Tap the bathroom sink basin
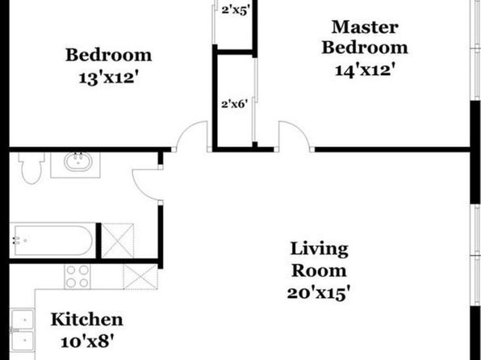[x=78, y=161]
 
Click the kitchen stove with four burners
[x=77, y=277]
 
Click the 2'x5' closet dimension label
[x=235, y=10]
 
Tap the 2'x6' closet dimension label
[x=234, y=104]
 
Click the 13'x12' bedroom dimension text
[x=110, y=77]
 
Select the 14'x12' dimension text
[x=365, y=70]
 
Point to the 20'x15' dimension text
[x=319, y=293]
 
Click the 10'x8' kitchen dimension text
[x=88, y=341]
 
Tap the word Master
[x=365, y=27]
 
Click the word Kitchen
[x=87, y=320]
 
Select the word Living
[x=320, y=249]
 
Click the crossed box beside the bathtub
[x=118, y=241]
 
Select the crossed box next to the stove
[x=140, y=277]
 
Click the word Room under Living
[x=319, y=270]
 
